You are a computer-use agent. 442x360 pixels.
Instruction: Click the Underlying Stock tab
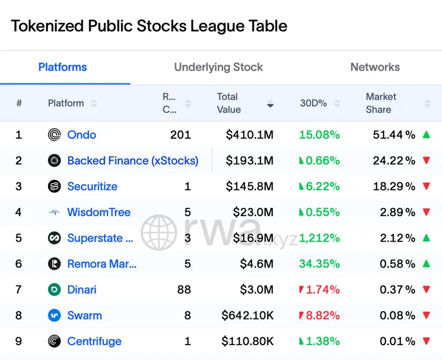218,67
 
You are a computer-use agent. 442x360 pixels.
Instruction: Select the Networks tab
375,67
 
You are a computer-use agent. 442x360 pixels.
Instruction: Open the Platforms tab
62,67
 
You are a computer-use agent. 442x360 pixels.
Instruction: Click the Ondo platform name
81,135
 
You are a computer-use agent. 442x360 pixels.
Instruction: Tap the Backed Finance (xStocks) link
133,161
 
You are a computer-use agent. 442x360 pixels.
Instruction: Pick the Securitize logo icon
54,186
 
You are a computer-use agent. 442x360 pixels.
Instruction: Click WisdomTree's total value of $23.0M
249,212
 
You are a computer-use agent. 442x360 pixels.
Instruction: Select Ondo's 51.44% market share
393,135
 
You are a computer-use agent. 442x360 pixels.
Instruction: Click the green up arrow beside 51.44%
426,134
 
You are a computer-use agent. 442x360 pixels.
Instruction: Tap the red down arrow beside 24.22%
426,161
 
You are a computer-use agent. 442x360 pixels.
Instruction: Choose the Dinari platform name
82,290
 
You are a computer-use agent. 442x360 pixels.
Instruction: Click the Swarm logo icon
54,316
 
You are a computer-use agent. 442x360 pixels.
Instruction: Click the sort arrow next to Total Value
270,103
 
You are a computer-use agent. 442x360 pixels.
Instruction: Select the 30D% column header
313,103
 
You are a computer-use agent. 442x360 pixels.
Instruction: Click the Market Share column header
381,103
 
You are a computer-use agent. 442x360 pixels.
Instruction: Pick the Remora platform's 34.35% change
319,264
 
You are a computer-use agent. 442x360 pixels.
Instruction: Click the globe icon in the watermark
159,233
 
